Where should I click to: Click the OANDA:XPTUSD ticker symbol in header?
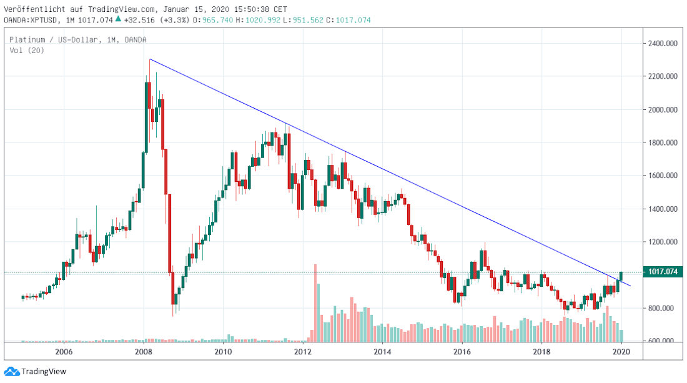tap(27, 20)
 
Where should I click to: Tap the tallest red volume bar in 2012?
tap(315, 302)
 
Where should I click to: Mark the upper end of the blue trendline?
tap(150, 59)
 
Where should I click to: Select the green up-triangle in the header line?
tap(117, 19)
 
